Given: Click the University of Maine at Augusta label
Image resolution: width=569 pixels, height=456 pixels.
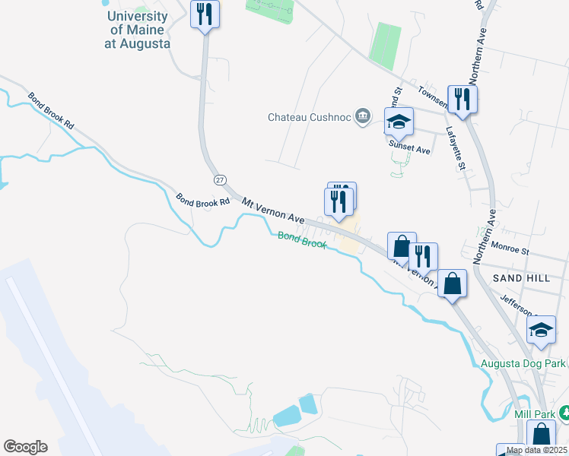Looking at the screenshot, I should point(138,30).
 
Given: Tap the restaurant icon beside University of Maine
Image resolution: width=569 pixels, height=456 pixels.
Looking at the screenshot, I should point(205,14).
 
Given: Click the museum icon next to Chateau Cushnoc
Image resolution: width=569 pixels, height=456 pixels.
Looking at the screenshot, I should point(363,116).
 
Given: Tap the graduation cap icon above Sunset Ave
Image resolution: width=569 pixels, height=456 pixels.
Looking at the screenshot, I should point(399,122).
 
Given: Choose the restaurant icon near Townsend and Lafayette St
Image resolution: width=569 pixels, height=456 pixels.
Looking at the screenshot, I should point(462,98).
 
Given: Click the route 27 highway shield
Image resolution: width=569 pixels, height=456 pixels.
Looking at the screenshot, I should point(220,179).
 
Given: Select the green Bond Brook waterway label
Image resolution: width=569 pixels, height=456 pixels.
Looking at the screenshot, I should point(301,240).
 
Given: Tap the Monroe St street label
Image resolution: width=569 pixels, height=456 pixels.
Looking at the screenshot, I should point(510,249).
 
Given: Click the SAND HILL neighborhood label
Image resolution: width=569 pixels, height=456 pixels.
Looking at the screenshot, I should point(521,278).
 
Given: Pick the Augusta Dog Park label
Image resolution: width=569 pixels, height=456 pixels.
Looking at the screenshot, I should point(524,363).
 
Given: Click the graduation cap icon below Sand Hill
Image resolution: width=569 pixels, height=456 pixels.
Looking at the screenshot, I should point(541,330).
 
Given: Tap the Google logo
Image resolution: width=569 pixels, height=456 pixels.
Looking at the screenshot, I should point(25,447).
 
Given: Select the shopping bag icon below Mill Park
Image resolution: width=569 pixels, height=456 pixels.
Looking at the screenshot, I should point(540,436).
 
